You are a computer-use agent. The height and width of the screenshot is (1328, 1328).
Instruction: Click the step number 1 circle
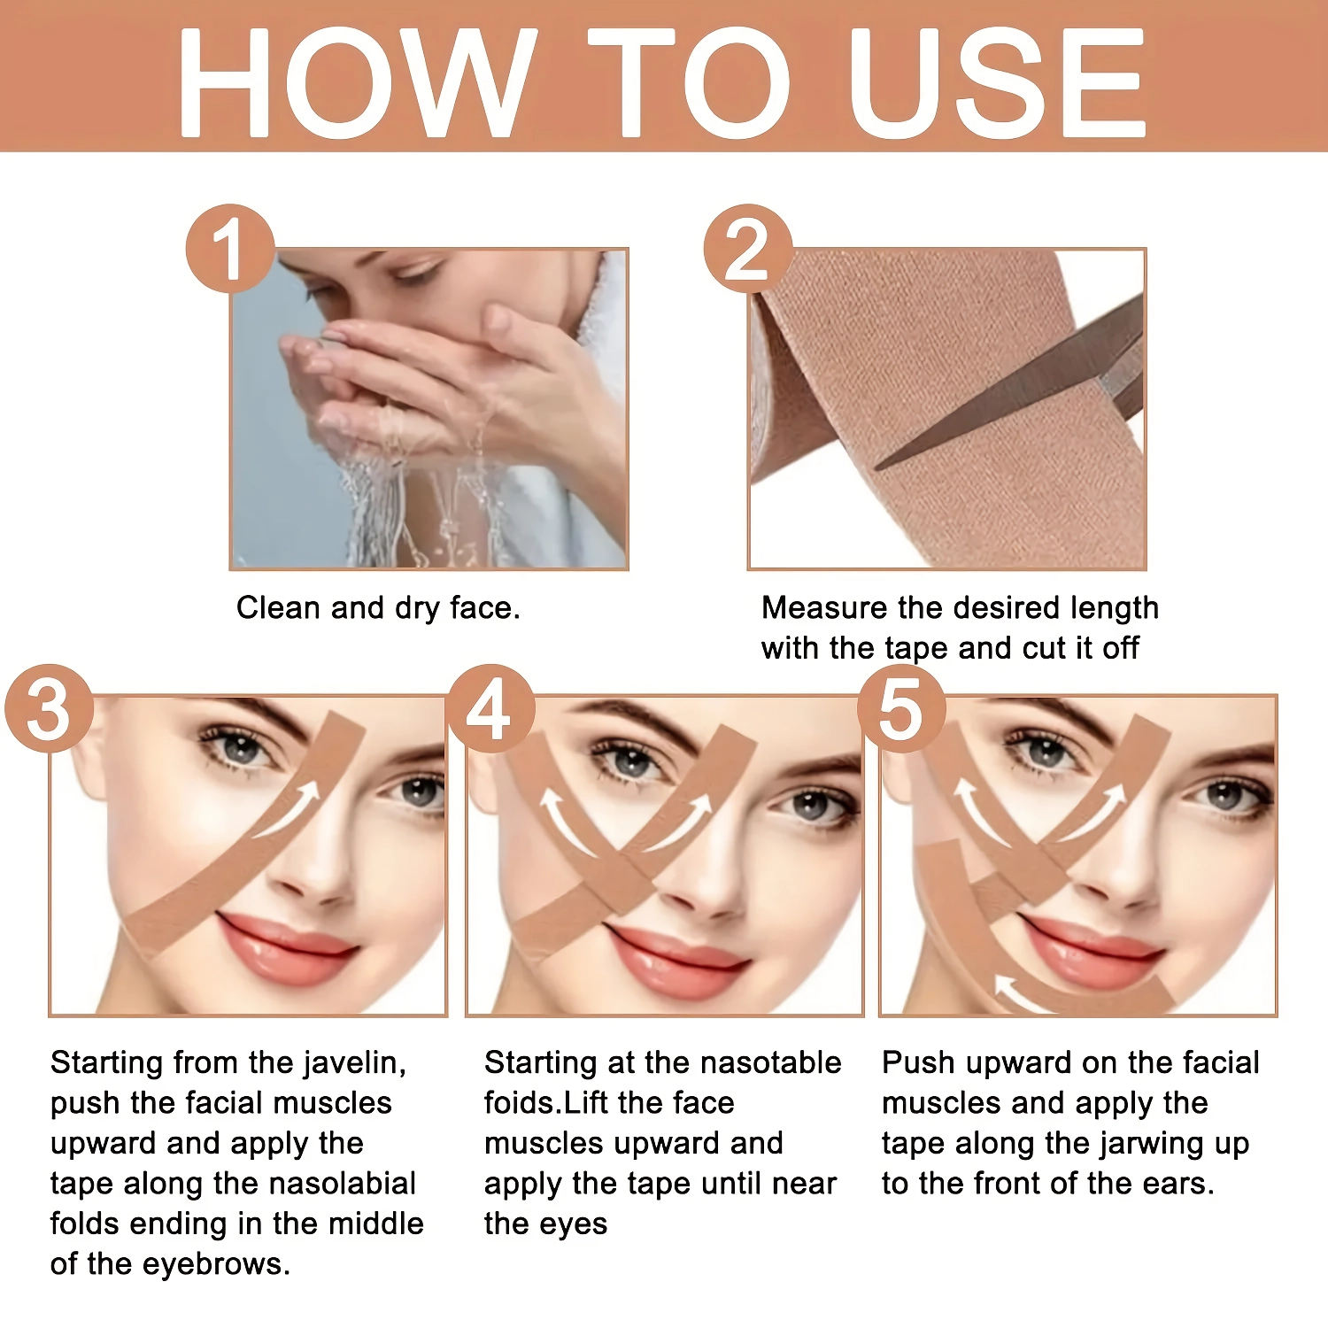(230, 249)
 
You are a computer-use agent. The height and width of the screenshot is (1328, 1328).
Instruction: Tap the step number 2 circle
(748, 249)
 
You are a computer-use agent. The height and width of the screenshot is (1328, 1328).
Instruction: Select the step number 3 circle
(50, 709)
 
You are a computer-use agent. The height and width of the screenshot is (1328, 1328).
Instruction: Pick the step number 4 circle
(490, 709)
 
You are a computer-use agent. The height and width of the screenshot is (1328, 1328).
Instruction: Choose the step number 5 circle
(901, 709)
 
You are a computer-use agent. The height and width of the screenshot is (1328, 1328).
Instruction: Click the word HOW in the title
(357, 82)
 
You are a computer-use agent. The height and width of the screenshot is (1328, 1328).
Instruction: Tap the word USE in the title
(998, 82)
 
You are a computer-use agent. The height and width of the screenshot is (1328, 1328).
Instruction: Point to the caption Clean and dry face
(378, 608)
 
